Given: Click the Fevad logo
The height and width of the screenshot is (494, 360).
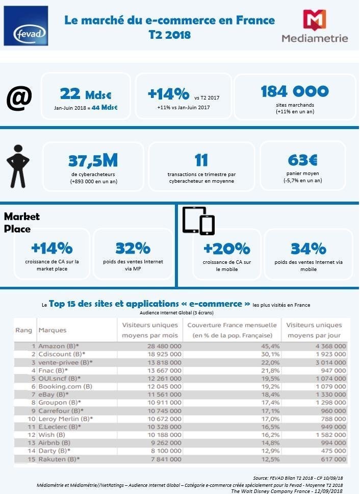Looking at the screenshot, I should tap(25, 26).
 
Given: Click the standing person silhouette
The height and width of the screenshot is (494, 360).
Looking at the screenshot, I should tap(18, 166).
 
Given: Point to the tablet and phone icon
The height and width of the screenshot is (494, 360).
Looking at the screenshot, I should tap(198, 221).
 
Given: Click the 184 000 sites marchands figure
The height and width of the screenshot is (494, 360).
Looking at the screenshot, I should tap(295, 91).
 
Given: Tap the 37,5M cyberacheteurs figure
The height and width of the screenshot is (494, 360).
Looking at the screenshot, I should tap(93, 161).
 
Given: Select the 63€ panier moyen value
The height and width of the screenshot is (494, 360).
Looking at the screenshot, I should tap(302, 160).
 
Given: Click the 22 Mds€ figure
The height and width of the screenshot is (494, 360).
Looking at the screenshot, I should tap(86, 94).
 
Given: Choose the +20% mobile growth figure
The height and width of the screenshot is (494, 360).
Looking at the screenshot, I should tap(226, 249).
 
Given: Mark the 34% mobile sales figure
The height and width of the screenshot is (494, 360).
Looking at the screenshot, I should tap(308, 249).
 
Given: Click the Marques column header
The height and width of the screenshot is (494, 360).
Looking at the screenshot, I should tap(53, 330).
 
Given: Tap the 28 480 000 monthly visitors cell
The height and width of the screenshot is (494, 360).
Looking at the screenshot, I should tap(159, 346).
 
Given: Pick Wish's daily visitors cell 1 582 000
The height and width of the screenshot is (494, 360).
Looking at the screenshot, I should tap(328, 435).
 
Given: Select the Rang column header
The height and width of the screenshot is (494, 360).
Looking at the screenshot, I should tap(23, 330).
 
